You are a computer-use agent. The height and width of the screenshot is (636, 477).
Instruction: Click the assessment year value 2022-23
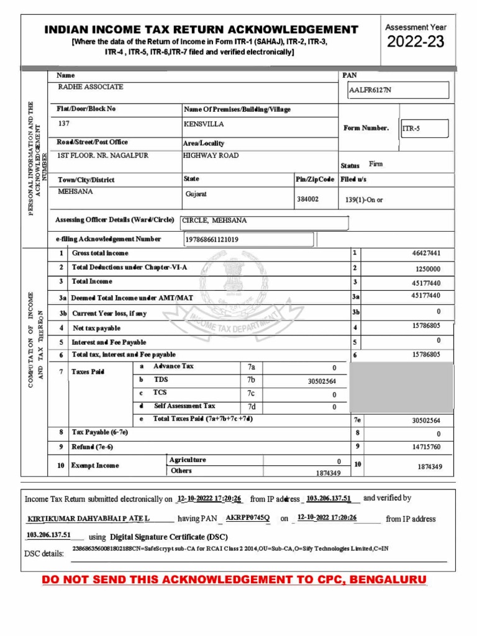(x=416, y=42)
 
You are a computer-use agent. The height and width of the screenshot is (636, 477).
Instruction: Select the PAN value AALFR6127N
(x=371, y=91)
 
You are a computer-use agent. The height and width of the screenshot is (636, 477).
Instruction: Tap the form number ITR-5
(x=412, y=129)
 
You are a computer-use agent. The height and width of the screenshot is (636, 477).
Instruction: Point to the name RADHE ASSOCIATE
(x=90, y=87)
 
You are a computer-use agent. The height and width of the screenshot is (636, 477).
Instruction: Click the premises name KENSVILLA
(x=204, y=124)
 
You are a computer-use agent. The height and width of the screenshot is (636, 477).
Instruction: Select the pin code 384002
(x=308, y=199)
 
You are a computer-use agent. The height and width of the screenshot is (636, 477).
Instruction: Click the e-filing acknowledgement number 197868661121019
(x=212, y=239)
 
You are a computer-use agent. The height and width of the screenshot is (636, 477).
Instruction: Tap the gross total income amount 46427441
(x=425, y=253)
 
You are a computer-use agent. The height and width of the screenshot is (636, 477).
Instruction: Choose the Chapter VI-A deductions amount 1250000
(x=427, y=269)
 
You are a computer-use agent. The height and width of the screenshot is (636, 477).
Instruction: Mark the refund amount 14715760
(x=425, y=447)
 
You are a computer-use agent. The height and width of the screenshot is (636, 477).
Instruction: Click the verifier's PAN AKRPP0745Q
(x=248, y=517)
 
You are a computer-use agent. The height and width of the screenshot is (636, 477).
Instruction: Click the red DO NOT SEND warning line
(x=234, y=580)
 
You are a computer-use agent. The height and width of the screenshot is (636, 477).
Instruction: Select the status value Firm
(x=376, y=165)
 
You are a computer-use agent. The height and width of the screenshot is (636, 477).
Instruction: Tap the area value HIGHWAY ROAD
(x=211, y=155)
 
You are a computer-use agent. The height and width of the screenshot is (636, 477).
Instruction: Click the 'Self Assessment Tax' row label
(x=184, y=406)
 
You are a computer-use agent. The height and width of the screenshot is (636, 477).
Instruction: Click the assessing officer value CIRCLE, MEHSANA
(x=214, y=220)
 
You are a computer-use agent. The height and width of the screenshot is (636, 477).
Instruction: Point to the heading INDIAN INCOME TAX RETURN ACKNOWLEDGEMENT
(x=201, y=30)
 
